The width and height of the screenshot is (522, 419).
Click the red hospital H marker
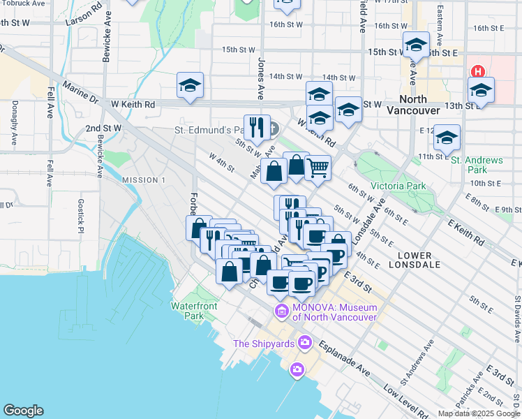click(x=478, y=71)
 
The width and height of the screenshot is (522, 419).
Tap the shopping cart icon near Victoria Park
click(x=318, y=168)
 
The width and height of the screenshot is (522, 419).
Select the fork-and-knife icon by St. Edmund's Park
click(x=256, y=127)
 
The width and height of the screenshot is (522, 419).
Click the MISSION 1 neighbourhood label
click(x=144, y=180)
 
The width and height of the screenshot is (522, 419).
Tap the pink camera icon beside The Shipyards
click(x=304, y=342)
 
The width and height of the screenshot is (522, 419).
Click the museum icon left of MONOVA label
click(x=282, y=311)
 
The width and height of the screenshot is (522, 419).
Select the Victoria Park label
click(x=398, y=186)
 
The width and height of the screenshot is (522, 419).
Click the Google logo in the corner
click(x=23, y=411)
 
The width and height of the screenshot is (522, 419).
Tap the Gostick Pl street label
click(x=81, y=216)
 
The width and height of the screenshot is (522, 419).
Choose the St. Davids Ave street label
click(x=517, y=318)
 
